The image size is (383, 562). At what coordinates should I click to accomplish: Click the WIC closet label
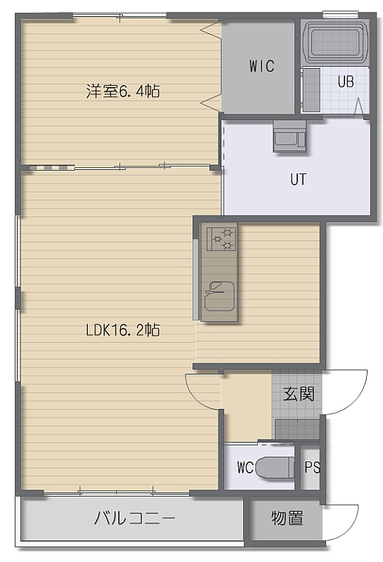click(262, 66)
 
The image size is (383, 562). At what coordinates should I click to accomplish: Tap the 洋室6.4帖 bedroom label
click(123, 91)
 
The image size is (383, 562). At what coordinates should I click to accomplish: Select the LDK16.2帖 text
click(123, 329)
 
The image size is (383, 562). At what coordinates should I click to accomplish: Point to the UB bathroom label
click(346, 81)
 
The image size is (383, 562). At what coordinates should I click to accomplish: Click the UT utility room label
click(299, 179)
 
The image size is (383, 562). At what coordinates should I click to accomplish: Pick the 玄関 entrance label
click(299, 394)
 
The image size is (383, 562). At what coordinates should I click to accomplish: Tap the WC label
click(245, 467)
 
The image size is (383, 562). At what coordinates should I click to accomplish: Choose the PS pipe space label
click(312, 467)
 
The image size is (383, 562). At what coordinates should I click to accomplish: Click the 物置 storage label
click(287, 518)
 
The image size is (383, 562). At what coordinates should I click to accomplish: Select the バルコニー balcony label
click(135, 518)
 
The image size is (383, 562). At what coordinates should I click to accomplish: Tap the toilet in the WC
click(275, 467)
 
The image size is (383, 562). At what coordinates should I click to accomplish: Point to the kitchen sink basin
click(219, 296)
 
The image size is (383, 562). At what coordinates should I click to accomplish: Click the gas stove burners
click(221, 238)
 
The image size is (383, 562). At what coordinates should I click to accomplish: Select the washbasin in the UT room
click(290, 136)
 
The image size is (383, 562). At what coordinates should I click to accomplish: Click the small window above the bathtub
click(340, 14)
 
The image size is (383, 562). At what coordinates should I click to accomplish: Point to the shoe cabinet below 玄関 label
click(297, 429)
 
